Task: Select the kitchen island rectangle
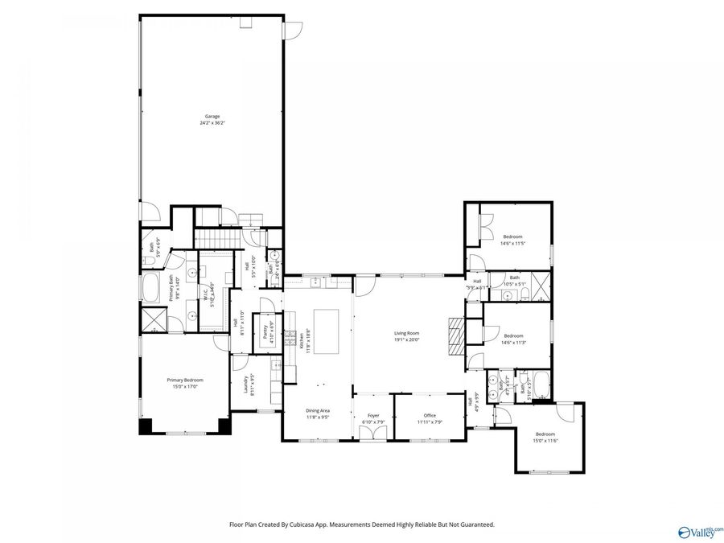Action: point(327,331)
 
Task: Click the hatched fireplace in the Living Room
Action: point(456,331)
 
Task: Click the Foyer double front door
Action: point(372,434)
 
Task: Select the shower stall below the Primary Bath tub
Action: point(150,321)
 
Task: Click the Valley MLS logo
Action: point(700,532)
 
